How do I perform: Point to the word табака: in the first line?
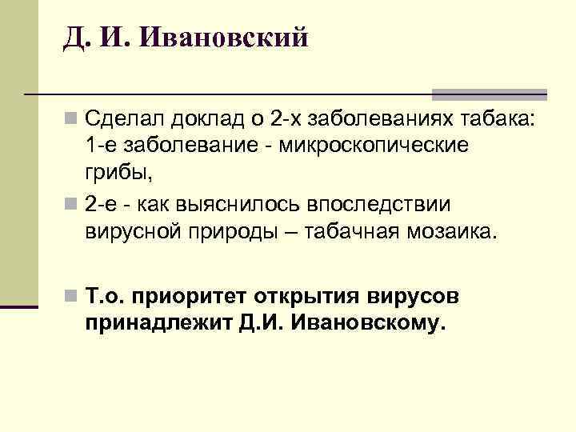[498, 120]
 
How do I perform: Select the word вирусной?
[128, 232]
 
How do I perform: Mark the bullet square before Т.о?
[71, 298]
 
